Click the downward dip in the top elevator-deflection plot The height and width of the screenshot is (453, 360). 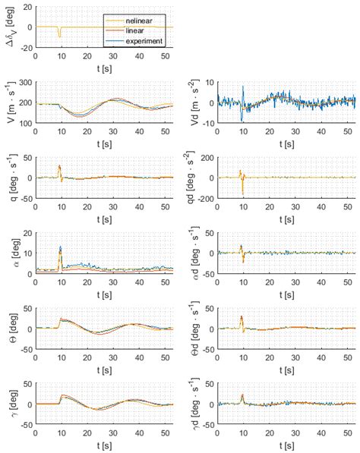(x=59, y=35)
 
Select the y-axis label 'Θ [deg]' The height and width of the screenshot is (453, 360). (x=10, y=329)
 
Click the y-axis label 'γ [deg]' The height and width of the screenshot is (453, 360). (x=10, y=404)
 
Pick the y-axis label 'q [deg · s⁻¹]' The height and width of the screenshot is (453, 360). (x=10, y=178)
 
